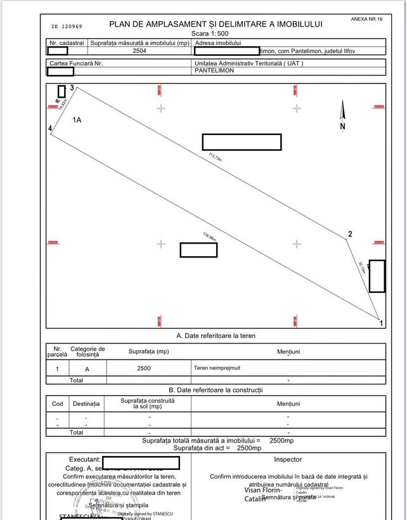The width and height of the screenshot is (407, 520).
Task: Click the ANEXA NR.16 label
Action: point(366,20)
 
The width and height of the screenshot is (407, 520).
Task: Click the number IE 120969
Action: point(66,27)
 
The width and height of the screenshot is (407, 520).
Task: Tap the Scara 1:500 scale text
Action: point(216,33)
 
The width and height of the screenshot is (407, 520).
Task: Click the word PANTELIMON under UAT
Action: point(214,70)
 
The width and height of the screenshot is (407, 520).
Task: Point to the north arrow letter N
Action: point(343,126)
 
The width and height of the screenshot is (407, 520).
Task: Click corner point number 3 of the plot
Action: point(72,88)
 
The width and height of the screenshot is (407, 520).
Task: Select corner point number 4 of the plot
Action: point(50,129)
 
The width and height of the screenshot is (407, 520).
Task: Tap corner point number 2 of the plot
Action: point(349,235)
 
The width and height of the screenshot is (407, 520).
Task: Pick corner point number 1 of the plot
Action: point(381,323)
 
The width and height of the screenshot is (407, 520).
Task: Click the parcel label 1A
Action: point(77,119)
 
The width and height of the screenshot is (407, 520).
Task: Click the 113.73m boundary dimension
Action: point(215,157)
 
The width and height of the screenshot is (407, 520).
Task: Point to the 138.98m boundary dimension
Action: point(209,237)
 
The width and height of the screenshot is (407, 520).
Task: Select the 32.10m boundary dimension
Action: point(361,267)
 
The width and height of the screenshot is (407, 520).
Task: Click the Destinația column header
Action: point(86,403)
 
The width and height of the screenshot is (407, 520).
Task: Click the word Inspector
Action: point(288,459)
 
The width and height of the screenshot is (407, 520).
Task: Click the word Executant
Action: point(84,459)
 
